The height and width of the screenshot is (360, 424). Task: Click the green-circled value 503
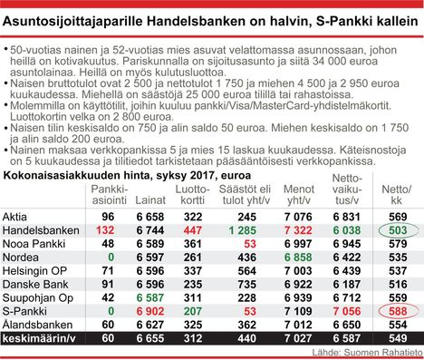[x=396, y=230]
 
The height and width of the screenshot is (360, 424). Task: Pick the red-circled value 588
[x=396, y=310]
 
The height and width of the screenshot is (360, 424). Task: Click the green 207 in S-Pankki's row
[x=190, y=310]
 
